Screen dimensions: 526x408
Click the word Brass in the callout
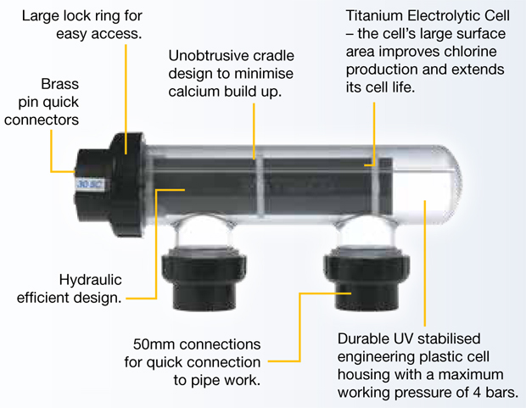(x=59, y=84)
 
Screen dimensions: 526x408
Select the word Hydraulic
(x=90, y=280)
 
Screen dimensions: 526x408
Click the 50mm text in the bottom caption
(x=154, y=344)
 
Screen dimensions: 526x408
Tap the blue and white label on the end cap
(x=90, y=184)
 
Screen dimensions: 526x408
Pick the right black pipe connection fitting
(x=367, y=279)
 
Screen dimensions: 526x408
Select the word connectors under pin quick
(x=42, y=120)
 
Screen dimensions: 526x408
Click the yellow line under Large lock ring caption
(x=126, y=99)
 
